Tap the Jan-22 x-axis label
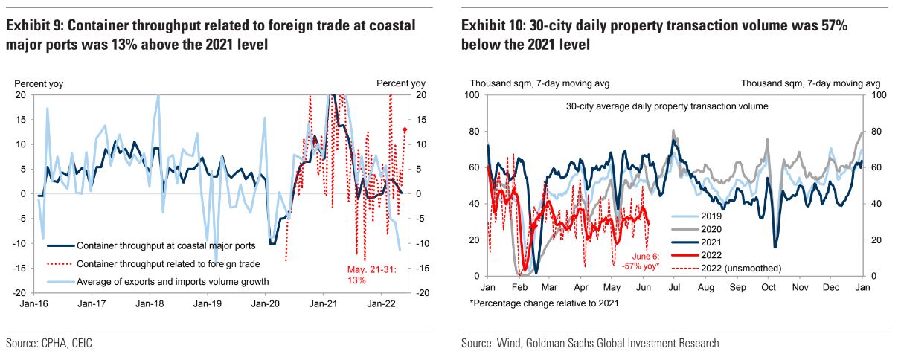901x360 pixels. click(381, 303)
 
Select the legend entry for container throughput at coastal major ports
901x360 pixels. click(166, 245)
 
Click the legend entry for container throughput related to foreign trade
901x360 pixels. click(167, 263)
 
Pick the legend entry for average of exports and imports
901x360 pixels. click(173, 281)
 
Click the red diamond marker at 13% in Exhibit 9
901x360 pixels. click(404, 129)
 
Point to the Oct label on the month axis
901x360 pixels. click(769, 286)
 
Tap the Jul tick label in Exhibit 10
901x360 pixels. click(676, 286)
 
